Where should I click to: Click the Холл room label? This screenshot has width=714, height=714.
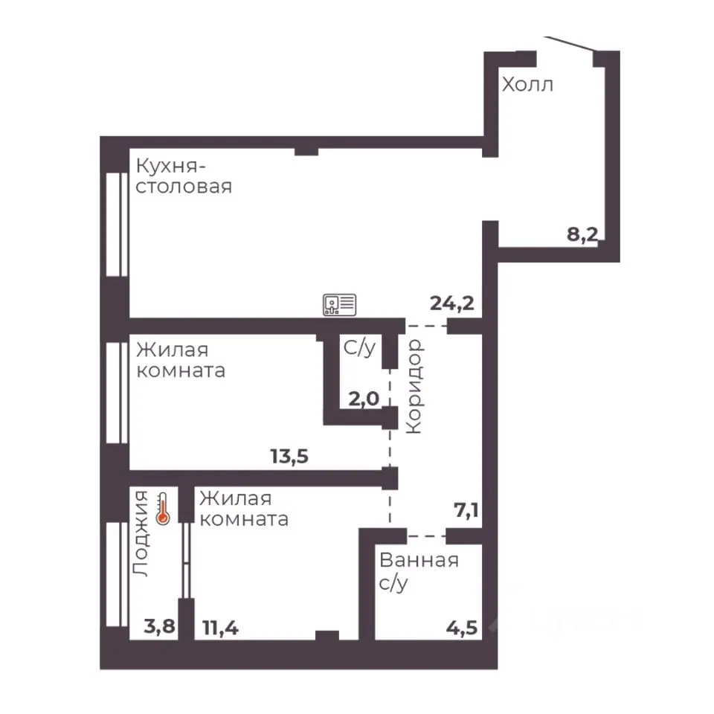click(527, 85)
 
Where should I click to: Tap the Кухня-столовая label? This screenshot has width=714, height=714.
click(184, 176)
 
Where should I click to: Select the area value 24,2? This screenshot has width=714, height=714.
click(452, 303)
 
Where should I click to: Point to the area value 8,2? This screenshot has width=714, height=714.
click(582, 234)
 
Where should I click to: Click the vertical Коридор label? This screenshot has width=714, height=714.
click(415, 386)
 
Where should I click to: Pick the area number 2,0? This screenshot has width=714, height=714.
click(364, 399)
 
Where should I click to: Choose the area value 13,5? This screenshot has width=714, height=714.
click(289, 456)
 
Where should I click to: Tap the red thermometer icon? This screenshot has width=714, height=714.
click(163, 509)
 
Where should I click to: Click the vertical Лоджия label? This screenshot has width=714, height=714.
click(141, 534)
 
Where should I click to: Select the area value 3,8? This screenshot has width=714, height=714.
click(159, 626)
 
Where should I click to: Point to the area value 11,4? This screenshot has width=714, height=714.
click(220, 628)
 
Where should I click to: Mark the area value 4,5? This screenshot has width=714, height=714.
click(462, 628)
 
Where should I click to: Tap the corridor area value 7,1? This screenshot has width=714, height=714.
click(466, 510)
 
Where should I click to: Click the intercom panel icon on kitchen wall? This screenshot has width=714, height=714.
click(340, 305)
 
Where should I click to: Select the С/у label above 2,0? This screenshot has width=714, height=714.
click(360, 348)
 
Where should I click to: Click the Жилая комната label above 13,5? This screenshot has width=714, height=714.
click(181, 360)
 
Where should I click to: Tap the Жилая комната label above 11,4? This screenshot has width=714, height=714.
click(244, 509)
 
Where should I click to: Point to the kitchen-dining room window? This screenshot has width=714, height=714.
click(117, 224)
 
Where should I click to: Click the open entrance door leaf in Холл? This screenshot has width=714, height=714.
click(570, 43)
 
